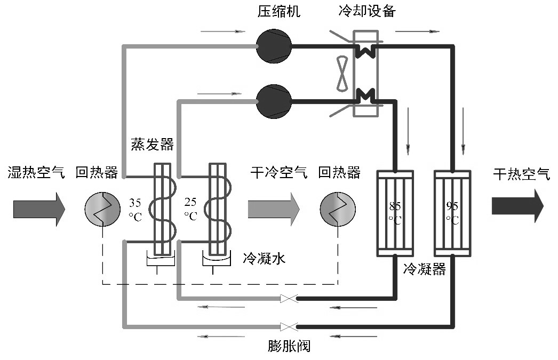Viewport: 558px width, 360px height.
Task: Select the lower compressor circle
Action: point(274,101)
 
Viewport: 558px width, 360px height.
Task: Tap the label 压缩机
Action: point(279,11)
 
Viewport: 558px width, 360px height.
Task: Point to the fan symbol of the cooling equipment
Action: point(342,74)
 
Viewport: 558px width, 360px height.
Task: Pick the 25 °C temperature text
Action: point(190,210)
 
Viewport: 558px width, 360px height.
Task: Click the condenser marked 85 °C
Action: point(395,213)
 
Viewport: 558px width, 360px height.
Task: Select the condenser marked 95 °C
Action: point(452,213)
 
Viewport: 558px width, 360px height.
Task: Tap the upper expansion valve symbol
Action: point(289,299)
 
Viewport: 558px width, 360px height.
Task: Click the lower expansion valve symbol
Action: point(289,325)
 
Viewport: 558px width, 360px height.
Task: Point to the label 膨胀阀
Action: point(289,346)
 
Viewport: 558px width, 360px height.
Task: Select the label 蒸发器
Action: point(152,145)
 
